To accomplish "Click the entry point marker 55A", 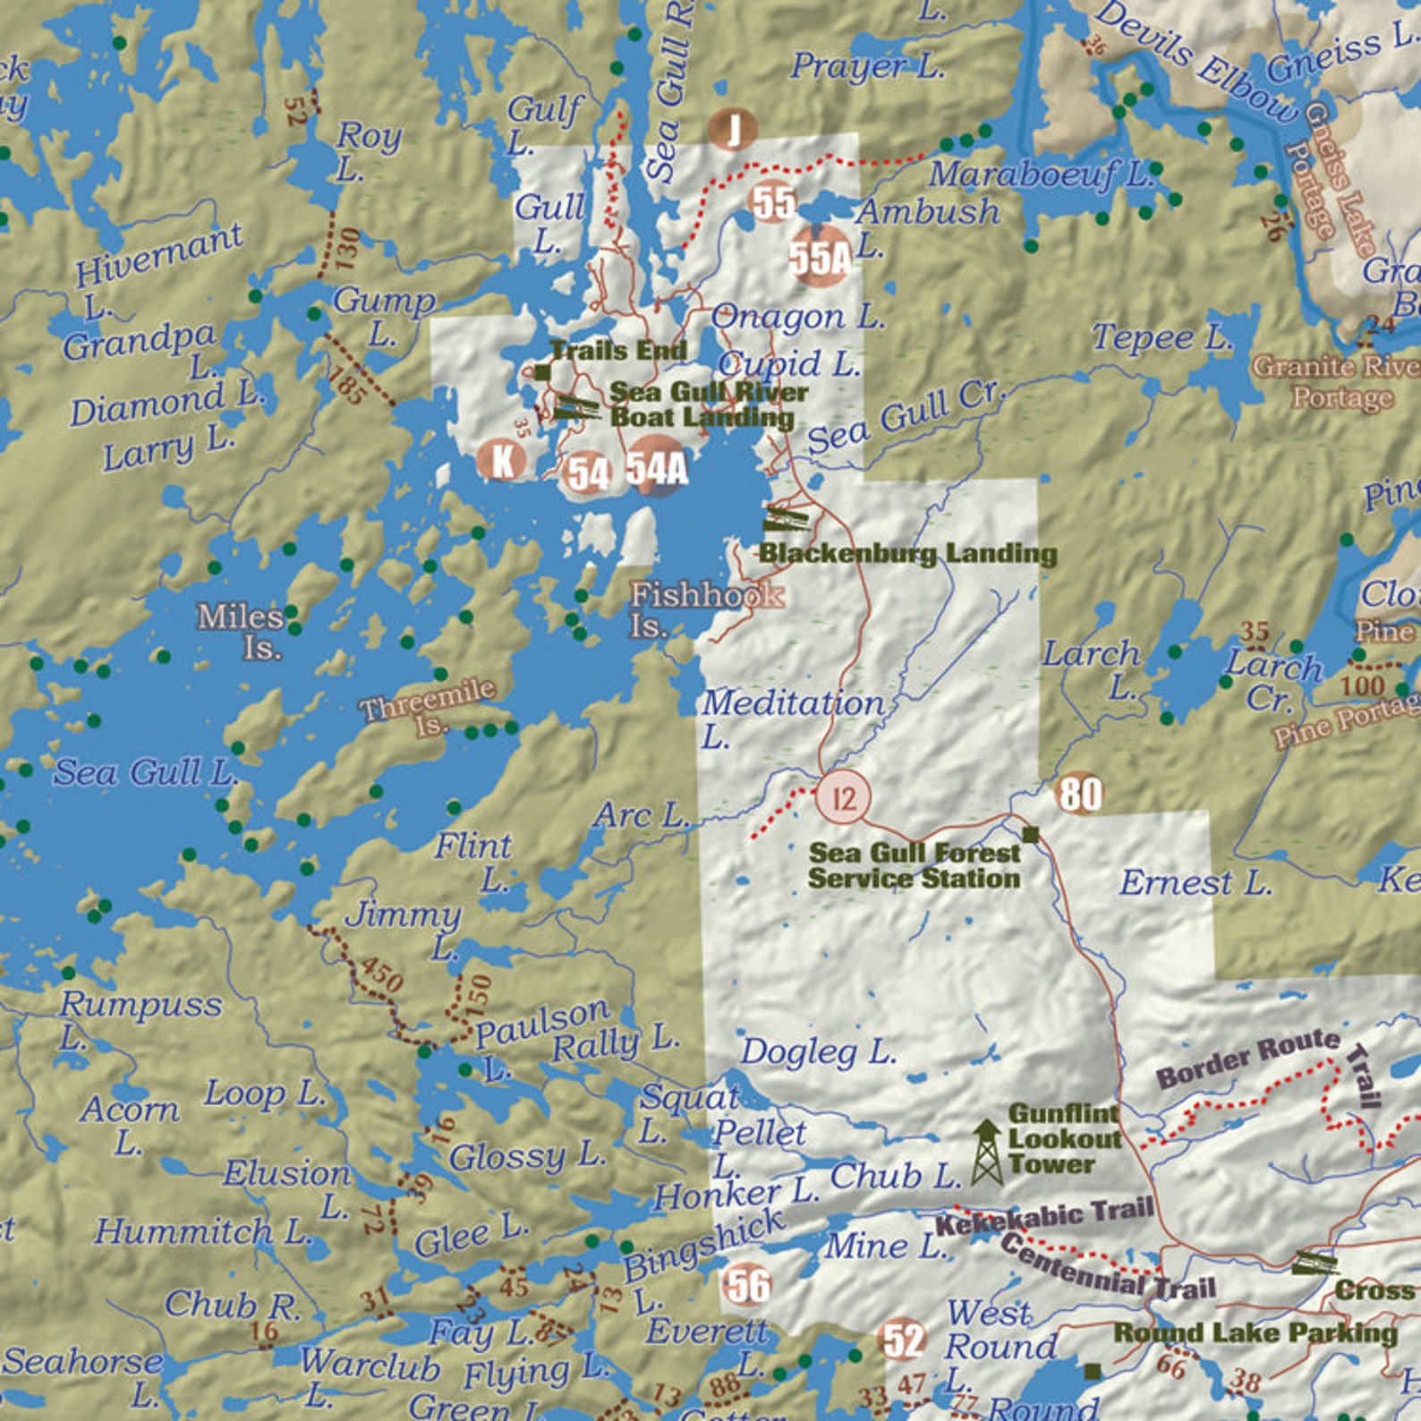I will [x=820, y=258].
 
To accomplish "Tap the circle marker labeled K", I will [x=501, y=460].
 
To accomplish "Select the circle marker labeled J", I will [x=734, y=130].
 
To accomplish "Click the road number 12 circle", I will [x=843, y=797].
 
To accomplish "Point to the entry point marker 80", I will [x=1079, y=794].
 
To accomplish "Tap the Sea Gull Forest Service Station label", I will [x=914, y=865].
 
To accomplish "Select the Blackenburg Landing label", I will [x=907, y=554].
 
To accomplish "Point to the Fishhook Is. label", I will [x=705, y=608].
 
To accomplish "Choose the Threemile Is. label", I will [x=429, y=706].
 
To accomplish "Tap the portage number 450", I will [x=382, y=974].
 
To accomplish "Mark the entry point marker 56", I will [x=748, y=1286].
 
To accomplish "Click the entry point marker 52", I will [x=904, y=1340].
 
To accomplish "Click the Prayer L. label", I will [x=866, y=66].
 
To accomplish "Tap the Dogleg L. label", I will [x=818, y=1051].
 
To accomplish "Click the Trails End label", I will [x=617, y=350].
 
